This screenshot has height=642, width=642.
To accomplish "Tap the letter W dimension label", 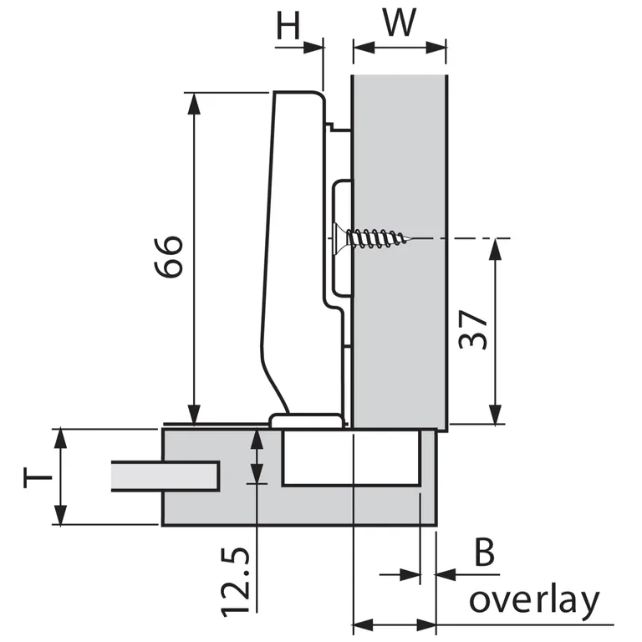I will tap(400, 23).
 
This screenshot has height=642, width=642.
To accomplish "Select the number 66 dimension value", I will tap(168, 257).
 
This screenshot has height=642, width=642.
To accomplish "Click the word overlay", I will tap(534, 600).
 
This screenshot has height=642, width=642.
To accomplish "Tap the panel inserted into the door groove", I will tap(165, 476).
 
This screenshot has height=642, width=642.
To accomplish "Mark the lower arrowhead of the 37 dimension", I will tap(496, 414).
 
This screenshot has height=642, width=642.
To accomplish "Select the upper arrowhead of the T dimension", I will tap(59, 438).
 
